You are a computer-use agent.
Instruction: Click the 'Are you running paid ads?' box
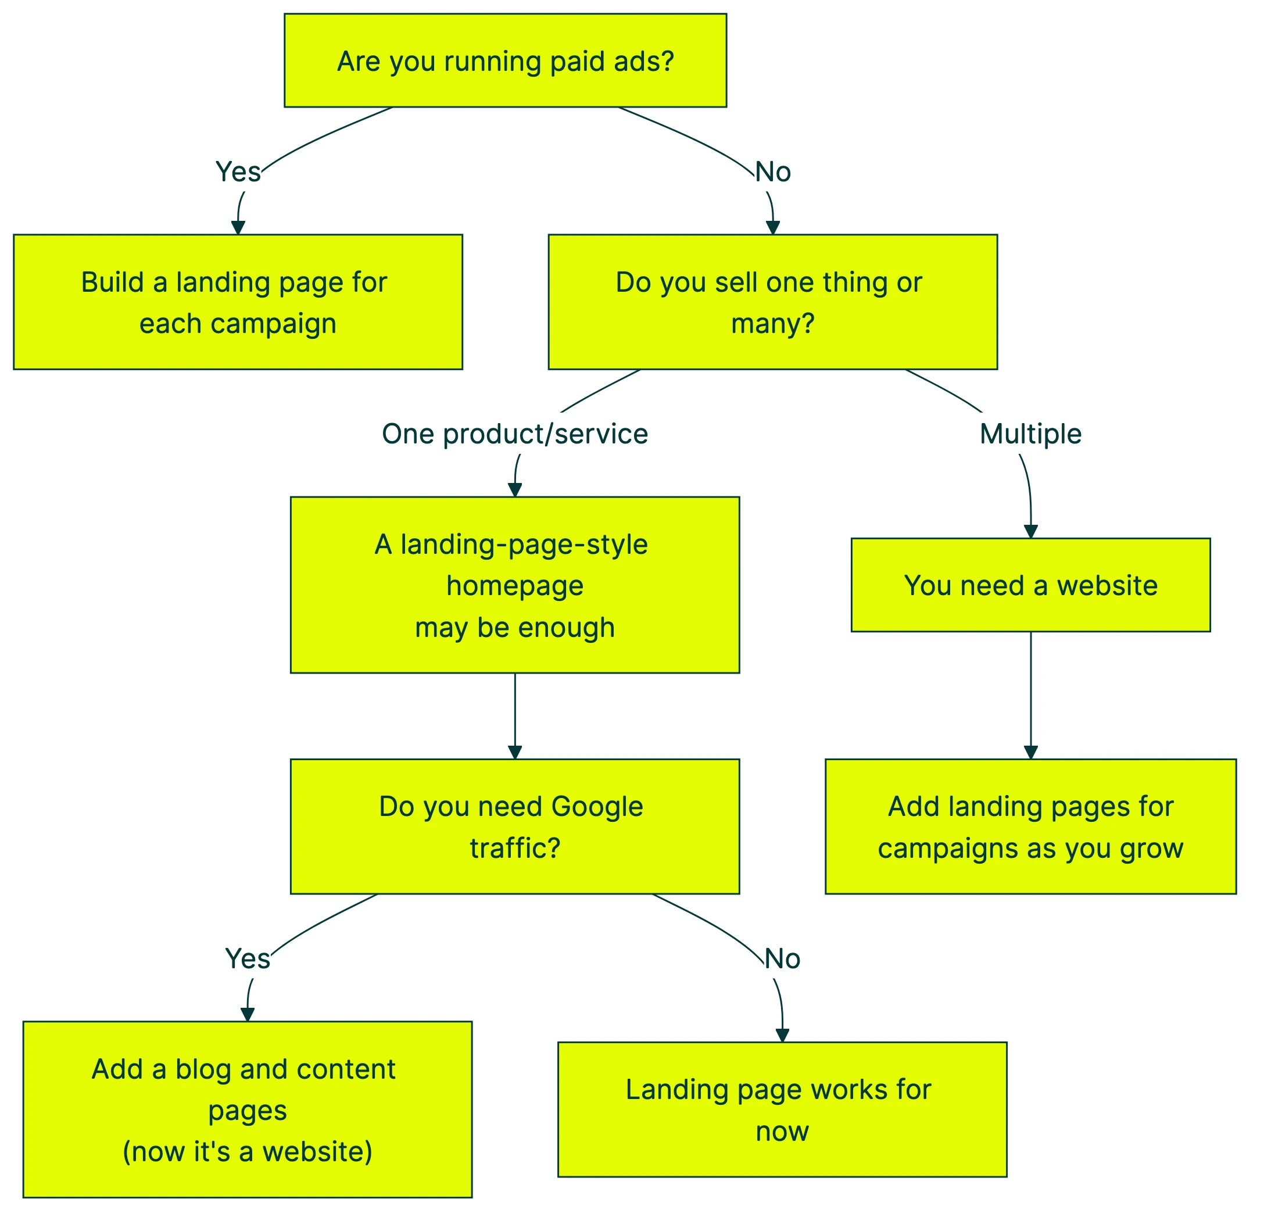pyautogui.click(x=505, y=60)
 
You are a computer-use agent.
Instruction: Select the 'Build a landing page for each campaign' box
pyautogui.click(x=237, y=302)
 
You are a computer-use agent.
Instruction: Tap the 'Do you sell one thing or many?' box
pyautogui.click(x=772, y=302)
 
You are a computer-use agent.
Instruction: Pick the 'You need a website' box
pyautogui.click(x=1030, y=585)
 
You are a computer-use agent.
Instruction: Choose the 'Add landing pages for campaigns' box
pyautogui.click(x=1030, y=826)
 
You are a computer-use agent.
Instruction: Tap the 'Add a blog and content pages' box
pyautogui.click(x=247, y=1109)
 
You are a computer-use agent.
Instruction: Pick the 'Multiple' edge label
pyautogui.click(x=1030, y=434)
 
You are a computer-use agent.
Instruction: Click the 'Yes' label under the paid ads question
pyautogui.click(x=238, y=171)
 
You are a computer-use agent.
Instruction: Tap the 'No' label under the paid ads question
pyautogui.click(x=772, y=171)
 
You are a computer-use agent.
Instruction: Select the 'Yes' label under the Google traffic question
pyautogui.click(x=248, y=959)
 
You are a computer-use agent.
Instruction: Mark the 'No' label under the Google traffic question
pyautogui.click(x=782, y=959)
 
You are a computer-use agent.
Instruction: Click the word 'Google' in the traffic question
pyautogui.click(x=597, y=807)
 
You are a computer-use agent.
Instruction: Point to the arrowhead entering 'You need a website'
pyautogui.click(x=1030, y=531)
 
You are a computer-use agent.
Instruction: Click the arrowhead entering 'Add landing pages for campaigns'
pyautogui.click(x=1030, y=752)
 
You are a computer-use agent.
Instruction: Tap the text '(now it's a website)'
pyautogui.click(x=247, y=1151)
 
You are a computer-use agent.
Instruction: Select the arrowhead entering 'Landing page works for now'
pyautogui.click(x=782, y=1035)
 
